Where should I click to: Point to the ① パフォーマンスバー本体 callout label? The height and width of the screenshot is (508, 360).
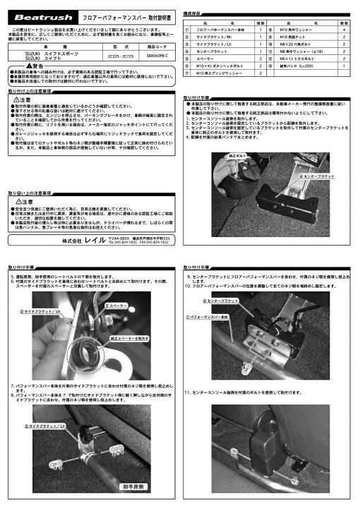[209, 317]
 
